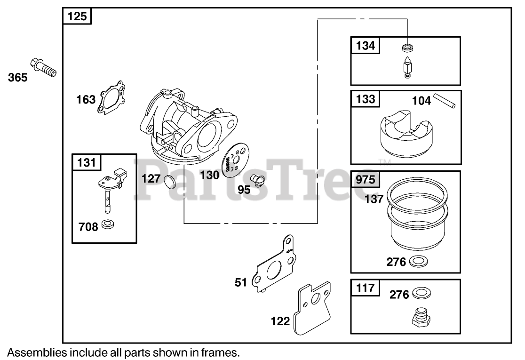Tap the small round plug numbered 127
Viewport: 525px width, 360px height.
[169, 180]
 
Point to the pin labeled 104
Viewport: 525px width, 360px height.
[444, 102]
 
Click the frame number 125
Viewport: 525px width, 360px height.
[77, 16]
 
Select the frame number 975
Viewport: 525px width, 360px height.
[366, 179]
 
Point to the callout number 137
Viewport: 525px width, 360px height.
[374, 199]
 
